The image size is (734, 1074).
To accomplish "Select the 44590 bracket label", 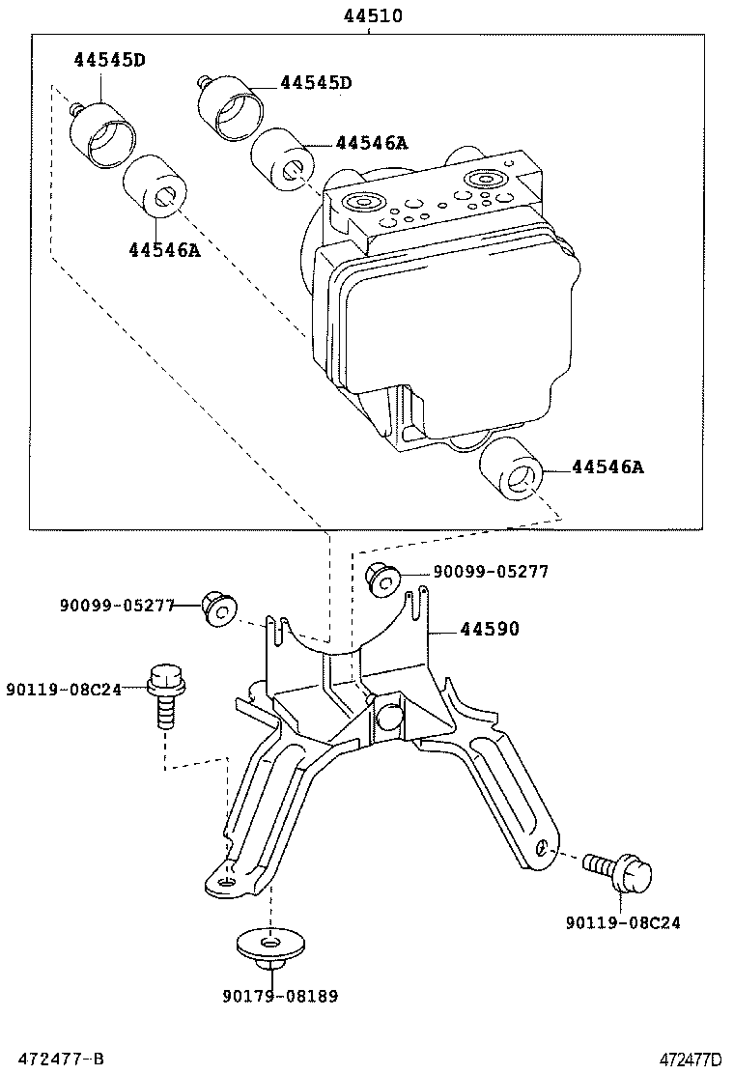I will coord(489,630).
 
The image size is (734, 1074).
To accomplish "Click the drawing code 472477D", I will coord(692,1059).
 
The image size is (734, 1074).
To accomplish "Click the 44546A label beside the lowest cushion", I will coord(607,467).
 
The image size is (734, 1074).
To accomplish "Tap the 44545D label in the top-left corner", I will coord(109,60).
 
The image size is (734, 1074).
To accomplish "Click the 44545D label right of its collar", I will coord(316,83).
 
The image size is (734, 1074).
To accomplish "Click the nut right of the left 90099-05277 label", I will coord(218,608).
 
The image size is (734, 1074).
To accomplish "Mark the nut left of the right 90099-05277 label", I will coord(385,578).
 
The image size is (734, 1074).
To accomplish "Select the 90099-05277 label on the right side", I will coord(491,572).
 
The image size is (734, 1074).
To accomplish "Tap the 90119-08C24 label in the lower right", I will coord(623,922).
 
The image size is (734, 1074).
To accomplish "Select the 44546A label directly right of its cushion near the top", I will coord(372,143).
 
